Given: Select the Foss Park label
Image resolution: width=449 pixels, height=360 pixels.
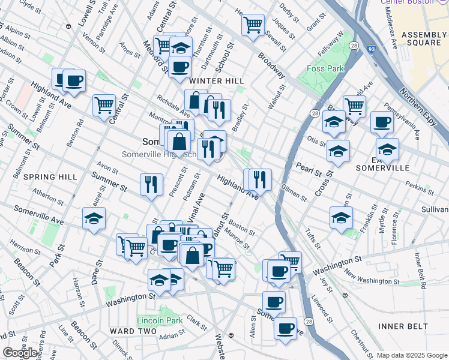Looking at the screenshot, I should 325,69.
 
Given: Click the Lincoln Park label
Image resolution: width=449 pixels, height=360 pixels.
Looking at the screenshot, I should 160,320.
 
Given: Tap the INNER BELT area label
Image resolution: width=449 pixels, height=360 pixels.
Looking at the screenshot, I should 403,326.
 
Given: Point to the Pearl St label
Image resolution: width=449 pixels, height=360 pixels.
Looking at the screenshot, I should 309,169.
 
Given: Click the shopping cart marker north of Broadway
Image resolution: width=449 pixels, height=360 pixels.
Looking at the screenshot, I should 253,25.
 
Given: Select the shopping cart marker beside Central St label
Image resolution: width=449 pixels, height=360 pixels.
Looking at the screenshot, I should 104,105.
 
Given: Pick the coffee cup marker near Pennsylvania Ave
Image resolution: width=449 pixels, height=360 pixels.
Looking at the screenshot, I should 382,122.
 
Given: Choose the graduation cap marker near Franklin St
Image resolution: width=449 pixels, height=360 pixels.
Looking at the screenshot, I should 341,217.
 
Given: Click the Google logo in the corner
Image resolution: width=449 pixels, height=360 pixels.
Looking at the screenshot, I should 20,352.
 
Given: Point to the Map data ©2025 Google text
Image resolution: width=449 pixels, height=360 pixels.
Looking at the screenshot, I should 412,355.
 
